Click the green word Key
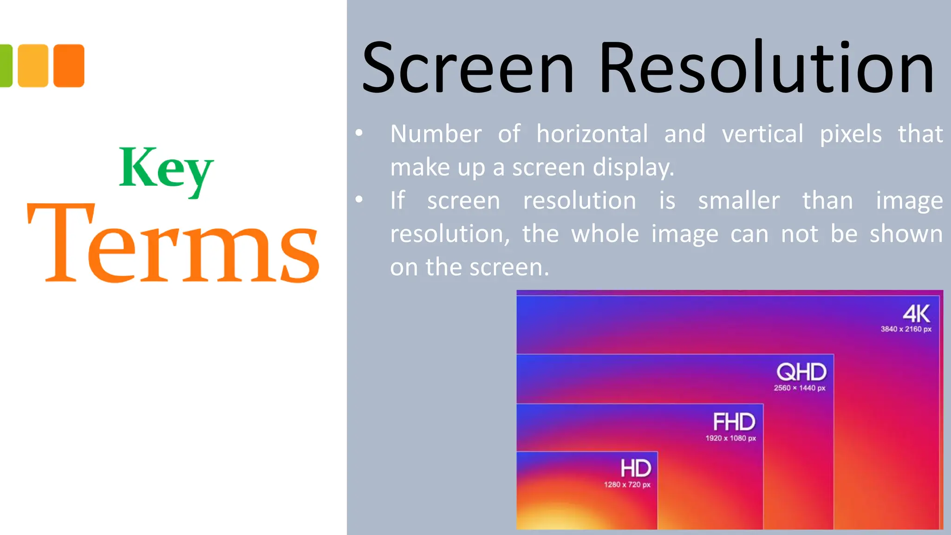[x=166, y=169]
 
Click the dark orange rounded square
[x=69, y=65]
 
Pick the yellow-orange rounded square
[x=33, y=65]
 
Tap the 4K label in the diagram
[x=916, y=314]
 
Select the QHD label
[x=801, y=372]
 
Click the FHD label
[x=734, y=422]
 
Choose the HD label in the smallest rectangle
[x=636, y=468]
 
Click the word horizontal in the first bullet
[x=592, y=134]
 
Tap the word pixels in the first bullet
[x=850, y=134]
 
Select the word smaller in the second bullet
[x=739, y=201]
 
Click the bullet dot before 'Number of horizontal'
[x=359, y=133]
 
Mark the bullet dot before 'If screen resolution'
[x=359, y=200]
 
